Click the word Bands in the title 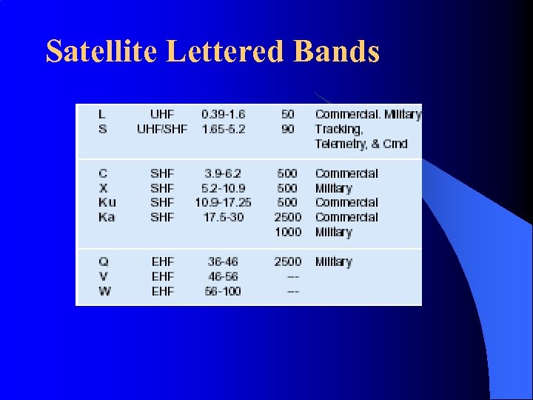336,52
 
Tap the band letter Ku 107,202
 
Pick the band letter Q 103,261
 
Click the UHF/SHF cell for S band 161,129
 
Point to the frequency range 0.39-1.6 223,114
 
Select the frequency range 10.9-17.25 223,202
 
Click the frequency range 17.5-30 223,217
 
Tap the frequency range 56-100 223,291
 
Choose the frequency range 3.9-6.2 223,173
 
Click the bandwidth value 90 287,129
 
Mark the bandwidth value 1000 287,232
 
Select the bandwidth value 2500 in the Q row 287,261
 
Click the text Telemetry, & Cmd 361,144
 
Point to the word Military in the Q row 333,261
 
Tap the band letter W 104,291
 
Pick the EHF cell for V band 161,276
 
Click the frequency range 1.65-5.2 223,129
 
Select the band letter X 103,188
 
